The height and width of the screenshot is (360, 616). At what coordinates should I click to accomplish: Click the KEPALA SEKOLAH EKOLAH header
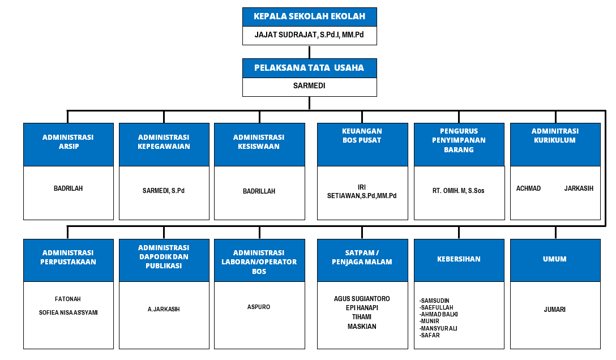click(309, 16)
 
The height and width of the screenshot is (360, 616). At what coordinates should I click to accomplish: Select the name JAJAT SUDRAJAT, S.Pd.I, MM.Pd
click(309, 35)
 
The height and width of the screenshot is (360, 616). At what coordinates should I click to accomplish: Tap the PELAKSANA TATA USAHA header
click(309, 68)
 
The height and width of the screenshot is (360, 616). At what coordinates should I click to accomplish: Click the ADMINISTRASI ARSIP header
click(68, 142)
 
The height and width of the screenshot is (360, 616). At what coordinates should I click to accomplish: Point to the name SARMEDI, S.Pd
click(164, 191)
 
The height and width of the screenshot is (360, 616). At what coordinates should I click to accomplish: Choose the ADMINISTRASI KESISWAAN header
click(259, 142)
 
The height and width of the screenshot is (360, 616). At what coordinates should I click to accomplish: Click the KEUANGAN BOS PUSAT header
click(362, 136)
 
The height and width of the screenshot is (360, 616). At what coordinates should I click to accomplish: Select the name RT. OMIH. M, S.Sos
click(459, 191)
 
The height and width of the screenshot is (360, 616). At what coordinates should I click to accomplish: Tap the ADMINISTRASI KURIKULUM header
click(555, 136)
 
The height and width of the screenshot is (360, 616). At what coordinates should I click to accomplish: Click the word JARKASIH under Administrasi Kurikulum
click(579, 188)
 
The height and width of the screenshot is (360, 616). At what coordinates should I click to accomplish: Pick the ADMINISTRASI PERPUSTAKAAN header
click(68, 257)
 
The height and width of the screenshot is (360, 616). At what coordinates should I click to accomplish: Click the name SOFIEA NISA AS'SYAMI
click(68, 312)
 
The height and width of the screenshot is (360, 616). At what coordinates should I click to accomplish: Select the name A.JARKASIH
click(164, 309)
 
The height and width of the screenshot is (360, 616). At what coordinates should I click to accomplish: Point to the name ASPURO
click(259, 307)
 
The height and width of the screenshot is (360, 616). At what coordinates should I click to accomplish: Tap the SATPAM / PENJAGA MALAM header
click(362, 257)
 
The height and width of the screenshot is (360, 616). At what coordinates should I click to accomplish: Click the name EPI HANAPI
click(362, 307)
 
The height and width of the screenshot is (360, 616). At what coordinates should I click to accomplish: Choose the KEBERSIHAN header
click(459, 259)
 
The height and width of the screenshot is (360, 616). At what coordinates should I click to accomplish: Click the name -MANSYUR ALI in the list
click(439, 328)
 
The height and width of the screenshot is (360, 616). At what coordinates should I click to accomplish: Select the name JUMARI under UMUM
click(555, 310)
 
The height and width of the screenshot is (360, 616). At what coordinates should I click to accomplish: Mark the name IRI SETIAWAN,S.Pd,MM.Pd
click(362, 191)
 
